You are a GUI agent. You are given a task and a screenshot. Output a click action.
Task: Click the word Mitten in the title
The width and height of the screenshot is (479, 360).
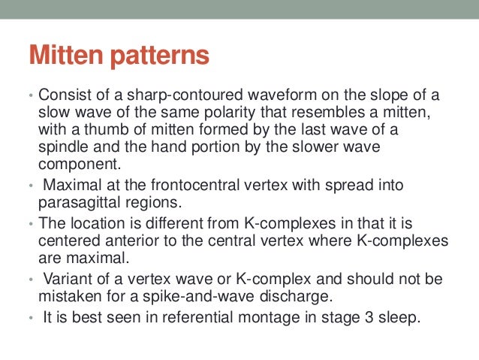point(65,58)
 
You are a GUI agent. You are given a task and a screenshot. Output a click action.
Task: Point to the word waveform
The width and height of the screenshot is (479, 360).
point(270,98)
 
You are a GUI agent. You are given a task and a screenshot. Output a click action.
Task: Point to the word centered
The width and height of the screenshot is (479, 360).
point(67,242)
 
